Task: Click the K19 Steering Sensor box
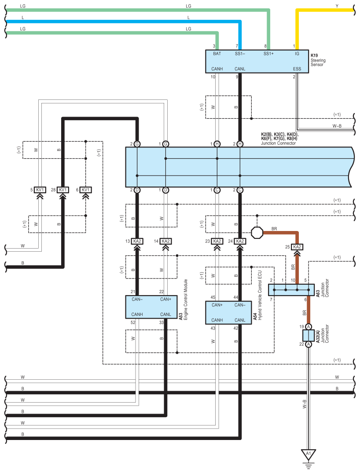pos(257,61)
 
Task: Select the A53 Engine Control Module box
pos(151,307)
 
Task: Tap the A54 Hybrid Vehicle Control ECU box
pos(228,312)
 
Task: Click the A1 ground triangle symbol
pos(309,455)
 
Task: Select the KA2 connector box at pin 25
pos(297,247)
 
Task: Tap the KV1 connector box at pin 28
pos(63,190)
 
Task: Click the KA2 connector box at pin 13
pos(137,241)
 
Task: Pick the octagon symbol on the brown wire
pos(257,233)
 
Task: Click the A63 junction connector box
pos(291,290)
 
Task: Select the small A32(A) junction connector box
pos(309,335)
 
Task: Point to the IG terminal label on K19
pos(297,54)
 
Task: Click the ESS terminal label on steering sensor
pos(297,69)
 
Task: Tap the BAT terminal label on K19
pos(217,54)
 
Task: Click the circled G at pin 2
pos(137,144)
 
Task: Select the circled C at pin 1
pos(217,190)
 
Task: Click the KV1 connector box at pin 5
pos(40,190)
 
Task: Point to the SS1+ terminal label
pos(268,54)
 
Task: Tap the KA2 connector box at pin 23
pos(217,241)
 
